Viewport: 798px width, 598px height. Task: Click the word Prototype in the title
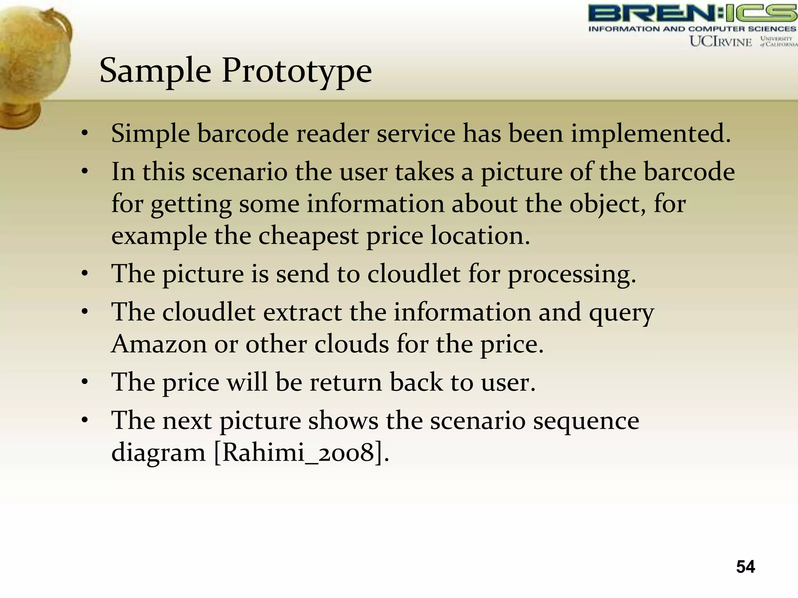coord(297,71)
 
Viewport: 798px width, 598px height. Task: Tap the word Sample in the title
coord(155,71)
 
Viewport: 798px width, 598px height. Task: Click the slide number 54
coord(745,566)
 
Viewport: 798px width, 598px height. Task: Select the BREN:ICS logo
coord(692,14)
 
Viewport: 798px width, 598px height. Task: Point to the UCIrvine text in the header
coord(720,41)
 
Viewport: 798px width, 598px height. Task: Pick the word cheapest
coord(308,236)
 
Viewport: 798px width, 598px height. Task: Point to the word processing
coord(572,274)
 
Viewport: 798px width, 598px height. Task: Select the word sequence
coord(586,421)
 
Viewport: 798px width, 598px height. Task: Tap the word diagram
coord(158,453)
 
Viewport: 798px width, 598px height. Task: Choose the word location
coord(480,236)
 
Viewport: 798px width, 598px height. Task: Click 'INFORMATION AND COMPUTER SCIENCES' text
coord(692,29)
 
